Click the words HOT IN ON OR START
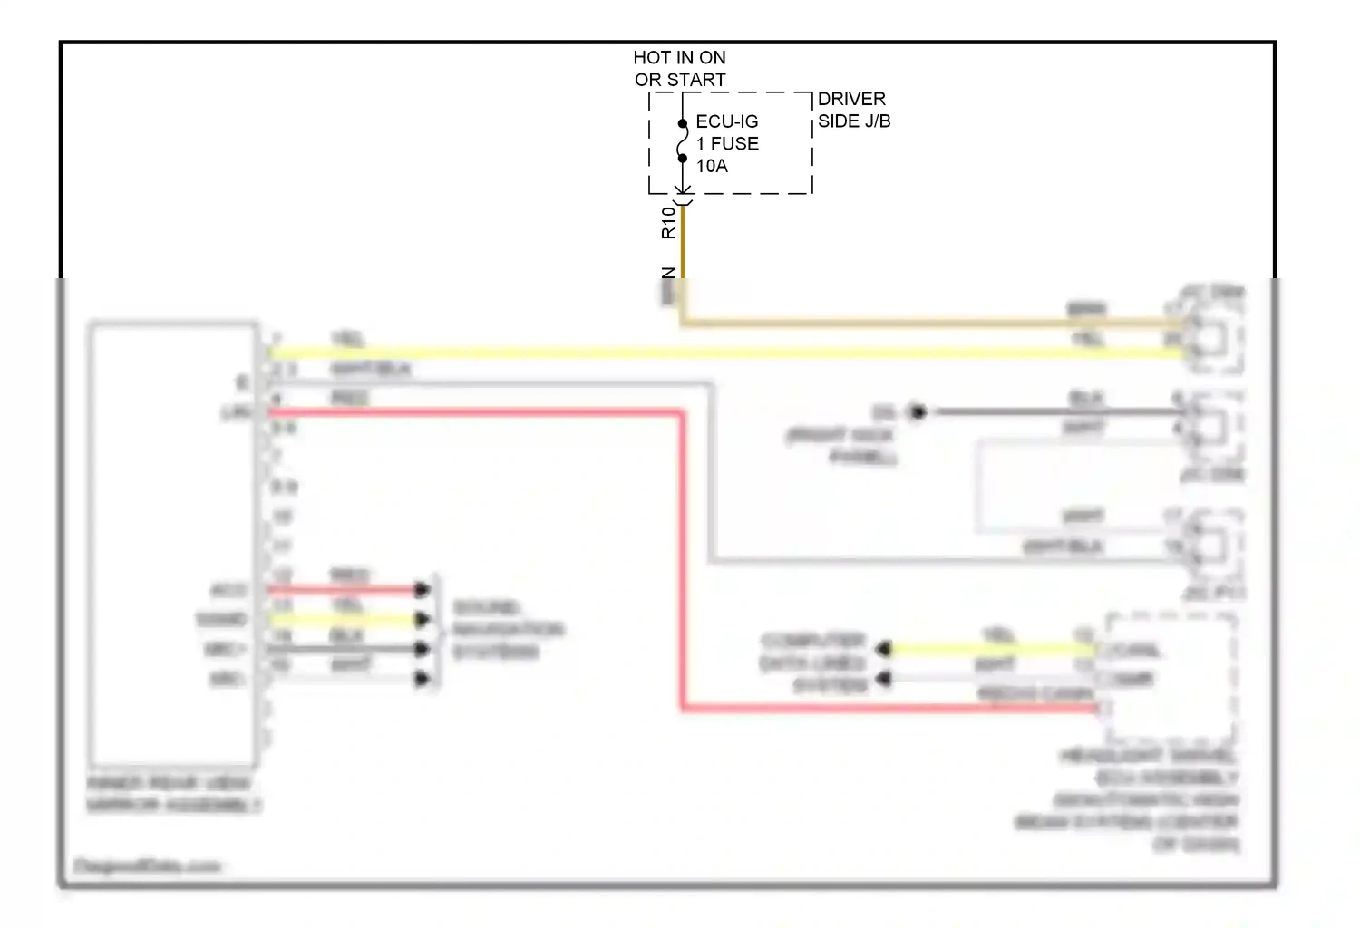pyautogui.click(x=679, y=69)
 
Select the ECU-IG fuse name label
pyautogui.click(x=726, y=121)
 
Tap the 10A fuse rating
pyautogui.click(x=712, y=166)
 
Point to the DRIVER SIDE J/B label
pyautogui.click(x=853, y=110)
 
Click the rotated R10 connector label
pyautogui.click(x=668, y=223)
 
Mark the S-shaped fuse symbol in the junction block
pyautogui.click(x=683, y=141)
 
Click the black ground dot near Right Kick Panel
pyautogui.click(x=918, y=412)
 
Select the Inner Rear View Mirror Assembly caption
pyautogui.click(x=173, y=794)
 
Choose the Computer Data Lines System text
pyautogui.click(x=813, y=663)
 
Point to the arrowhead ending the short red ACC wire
pyautogui.click(x=422, y=590)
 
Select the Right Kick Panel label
pyautogui.click(x=841, y=446)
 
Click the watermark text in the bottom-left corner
pyautogui.click(x=147, y=866)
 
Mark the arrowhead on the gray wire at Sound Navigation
pyautogui.click(x=422, y=649)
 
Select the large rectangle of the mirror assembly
pyautogui.click(x=172, y=544)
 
